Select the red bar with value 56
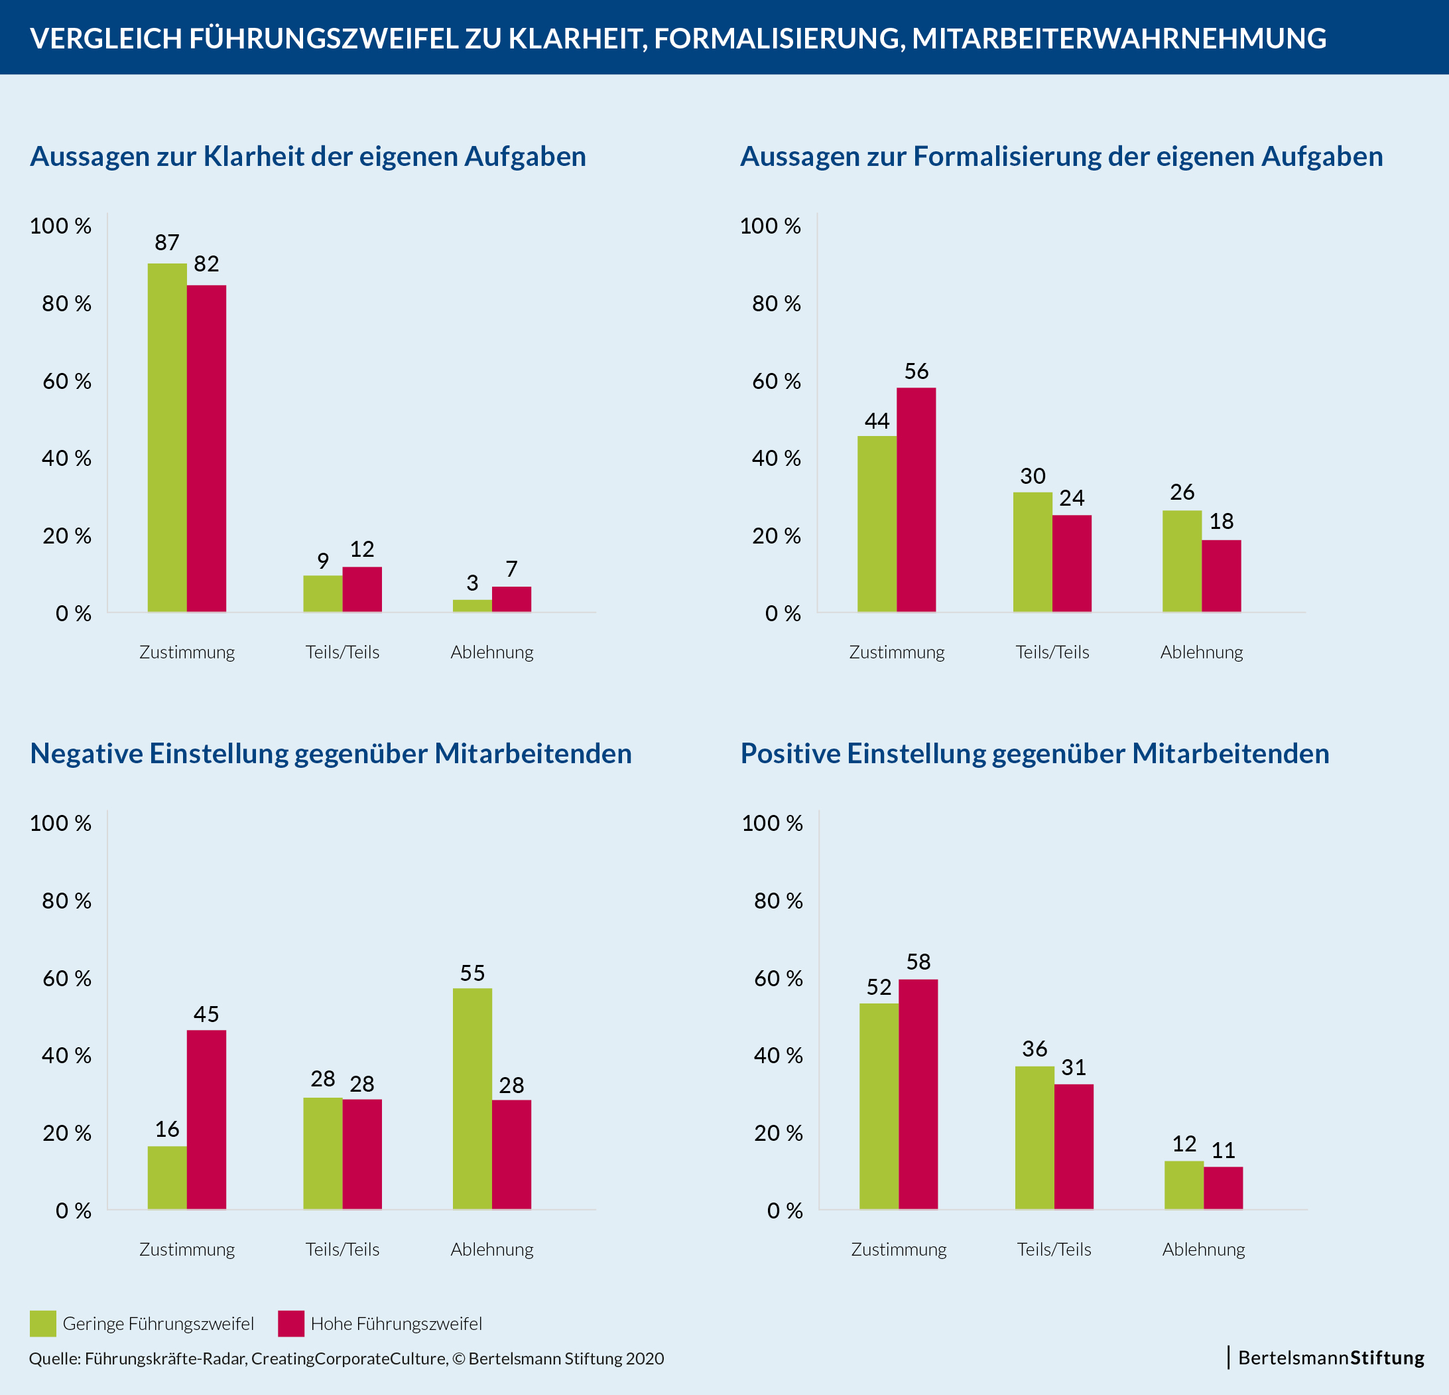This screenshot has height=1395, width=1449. (916, 499)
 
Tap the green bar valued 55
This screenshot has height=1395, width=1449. (472, 1098)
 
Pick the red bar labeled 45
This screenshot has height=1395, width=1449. (206, 1119)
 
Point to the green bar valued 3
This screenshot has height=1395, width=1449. (472, 606)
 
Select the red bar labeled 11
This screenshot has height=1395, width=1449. (1223, 1188)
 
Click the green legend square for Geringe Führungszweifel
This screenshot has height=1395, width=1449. (43, 1323)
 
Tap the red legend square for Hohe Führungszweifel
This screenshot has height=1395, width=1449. (290, 1323)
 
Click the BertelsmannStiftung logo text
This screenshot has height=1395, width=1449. (1331, 1358)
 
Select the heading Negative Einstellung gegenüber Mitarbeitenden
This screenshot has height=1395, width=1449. (330, 754)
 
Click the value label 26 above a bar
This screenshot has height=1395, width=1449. (1182, 492)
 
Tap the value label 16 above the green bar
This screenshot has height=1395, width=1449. (167, 1129)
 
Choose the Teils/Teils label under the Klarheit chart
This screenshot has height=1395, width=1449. (342, 652)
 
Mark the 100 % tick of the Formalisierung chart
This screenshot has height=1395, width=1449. (771, 226)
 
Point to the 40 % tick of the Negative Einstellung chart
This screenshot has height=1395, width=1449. (66, 1055)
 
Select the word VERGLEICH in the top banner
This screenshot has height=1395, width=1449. (105, 38)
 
